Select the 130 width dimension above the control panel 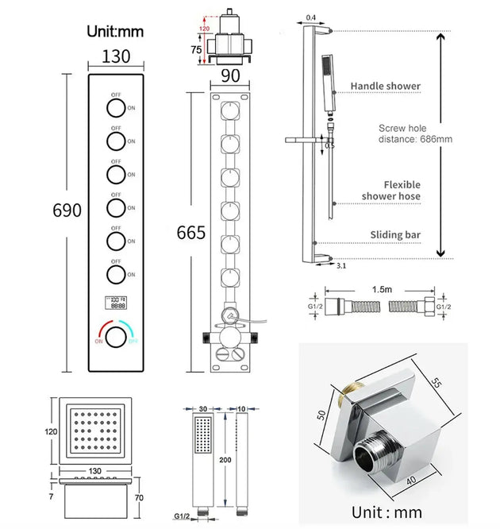[x=117, y=57]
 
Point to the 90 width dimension [x=231, y=76]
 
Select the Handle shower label [x=386, y=86]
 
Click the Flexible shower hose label [x=391, y=190]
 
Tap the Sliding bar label [x=395, y=235]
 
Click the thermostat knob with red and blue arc [x=116, y=337]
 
